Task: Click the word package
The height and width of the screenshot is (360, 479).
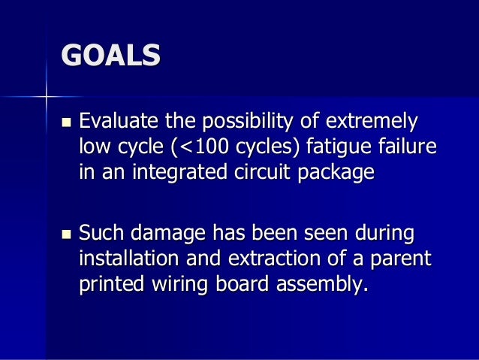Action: point(334,174)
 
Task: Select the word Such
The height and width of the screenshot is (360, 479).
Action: point(104,235)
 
